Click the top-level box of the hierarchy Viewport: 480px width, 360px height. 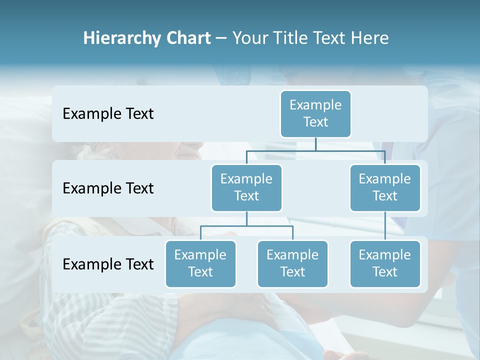pyautogui.click(x=315, y=113)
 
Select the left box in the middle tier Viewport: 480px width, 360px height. pyautogui.click(x=246, y=187)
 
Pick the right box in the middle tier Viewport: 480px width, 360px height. pyautogui.click(x=385, y=187)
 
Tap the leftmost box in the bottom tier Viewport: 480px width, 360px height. pyautogui.click(x=200, y=263)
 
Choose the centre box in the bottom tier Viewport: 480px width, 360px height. pyautogui.click(x=292, y=263)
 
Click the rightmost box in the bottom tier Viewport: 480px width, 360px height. pyautogui.click(x=385, y=263)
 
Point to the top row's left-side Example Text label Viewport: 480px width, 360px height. pyautogui.click(x=108, y=113)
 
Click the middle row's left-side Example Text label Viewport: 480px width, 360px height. pyautogui.click(x=108, y=188)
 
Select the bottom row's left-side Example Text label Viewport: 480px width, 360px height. pyautogui.click(x=108, y=264)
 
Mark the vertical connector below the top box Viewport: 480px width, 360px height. pyautogui.click(x=315, y=144)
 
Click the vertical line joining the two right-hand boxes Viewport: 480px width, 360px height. pyautogui.click(x=385, y=225)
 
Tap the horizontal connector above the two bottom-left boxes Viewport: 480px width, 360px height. pyautogui.click(x=246, y=226)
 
